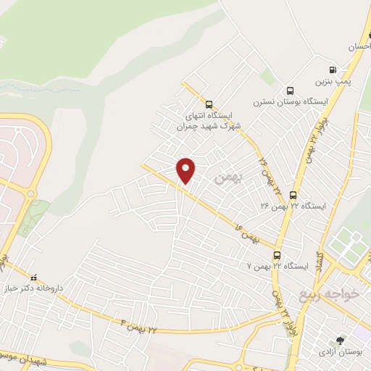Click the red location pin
coord(186,170)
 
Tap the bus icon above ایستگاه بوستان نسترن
coord(291,91)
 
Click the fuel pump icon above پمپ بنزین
coord(333,70)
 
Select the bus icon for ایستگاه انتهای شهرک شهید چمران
coord(209,104)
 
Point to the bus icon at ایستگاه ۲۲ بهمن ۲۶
coord(293,194)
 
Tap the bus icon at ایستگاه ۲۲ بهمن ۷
coord(277,255)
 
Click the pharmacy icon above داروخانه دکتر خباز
coord(33,278)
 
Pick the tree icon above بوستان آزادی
coord(341,340)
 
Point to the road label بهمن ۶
coord(246,233)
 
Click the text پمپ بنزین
coord(337,81)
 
